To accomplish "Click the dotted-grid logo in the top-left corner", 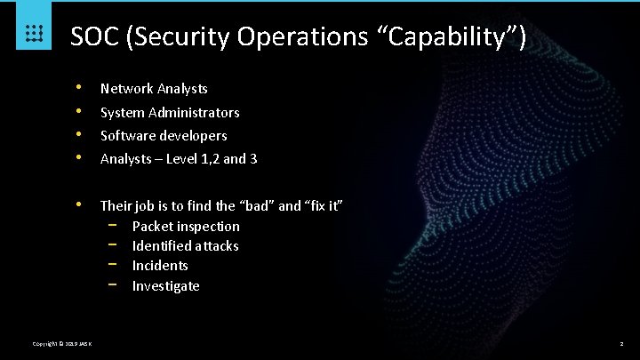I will point(34,34).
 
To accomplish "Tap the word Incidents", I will point(160,265).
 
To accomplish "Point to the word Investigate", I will point(165,285).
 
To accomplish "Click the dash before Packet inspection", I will point(113,226).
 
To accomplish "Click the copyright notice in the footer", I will point(68,344).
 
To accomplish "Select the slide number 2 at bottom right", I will point(621,344).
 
